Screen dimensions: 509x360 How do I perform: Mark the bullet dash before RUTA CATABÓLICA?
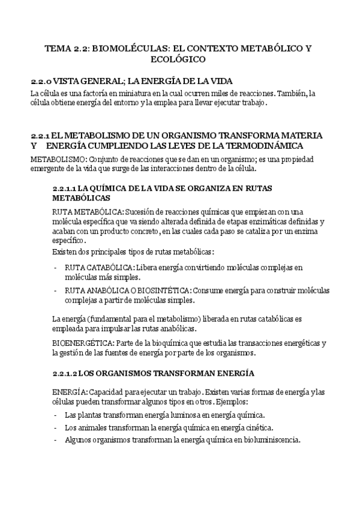(56, 267)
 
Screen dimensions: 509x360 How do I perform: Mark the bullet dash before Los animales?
(56, 427)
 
